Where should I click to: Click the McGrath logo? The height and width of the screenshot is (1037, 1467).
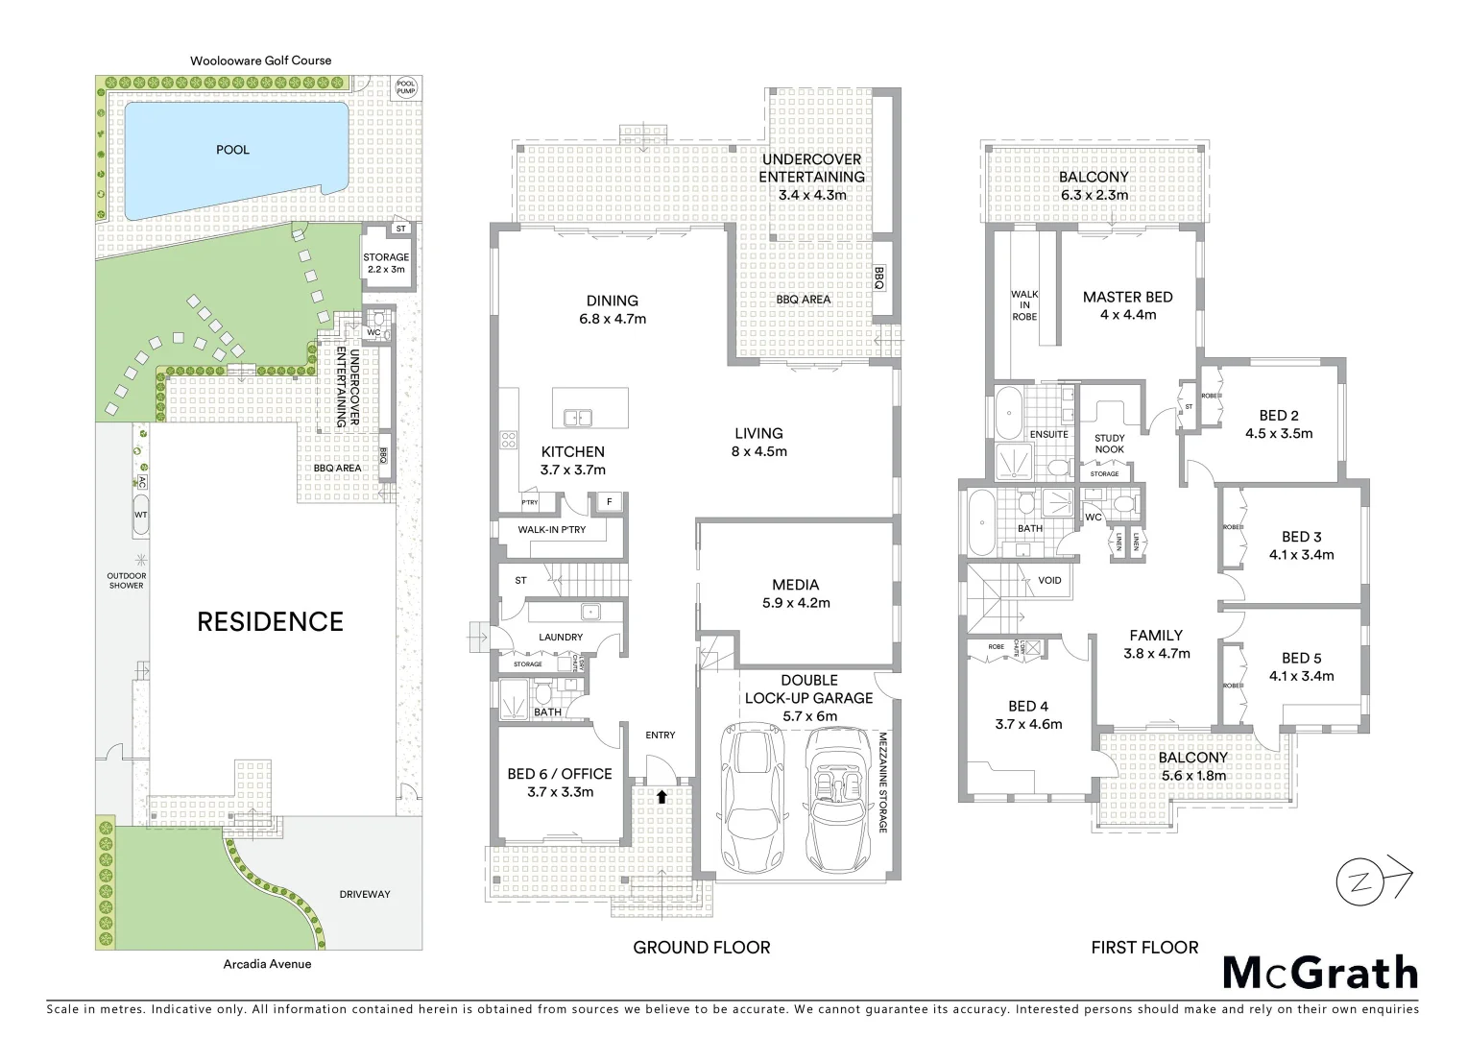(x=1320, y=973)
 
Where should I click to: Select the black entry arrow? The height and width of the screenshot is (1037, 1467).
(x=661, y=796)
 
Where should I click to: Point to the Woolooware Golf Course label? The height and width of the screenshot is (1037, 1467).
(x=260, y=60)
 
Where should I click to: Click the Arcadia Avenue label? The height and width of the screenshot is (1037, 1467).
(x=267, y=964)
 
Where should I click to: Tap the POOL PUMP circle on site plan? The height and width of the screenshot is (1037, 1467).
(x=406, y=87)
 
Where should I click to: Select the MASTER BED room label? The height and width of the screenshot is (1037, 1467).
(x=1127, y=298)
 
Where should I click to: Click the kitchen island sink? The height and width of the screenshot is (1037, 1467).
(x=577, y=418)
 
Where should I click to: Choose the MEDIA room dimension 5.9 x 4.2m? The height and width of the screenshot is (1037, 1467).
(x=795, y=603)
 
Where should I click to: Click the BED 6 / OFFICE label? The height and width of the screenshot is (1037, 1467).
(x=560, y=774)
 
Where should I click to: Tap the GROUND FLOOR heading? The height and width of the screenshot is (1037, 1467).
(x=701, y=948)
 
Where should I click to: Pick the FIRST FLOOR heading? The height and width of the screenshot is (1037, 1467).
(x=1144, y=948)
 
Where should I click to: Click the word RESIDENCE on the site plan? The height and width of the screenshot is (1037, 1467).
(x=270, y=622)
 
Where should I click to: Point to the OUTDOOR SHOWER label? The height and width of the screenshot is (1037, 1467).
(x=126, y=580)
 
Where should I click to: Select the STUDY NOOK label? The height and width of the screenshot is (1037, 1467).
(x=1109, y=444)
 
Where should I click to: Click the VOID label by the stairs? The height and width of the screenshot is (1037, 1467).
(x=1049, y=580)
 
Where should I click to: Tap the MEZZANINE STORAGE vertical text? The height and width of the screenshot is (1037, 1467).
(x=883, y=783)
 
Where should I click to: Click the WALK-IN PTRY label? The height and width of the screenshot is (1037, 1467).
(x=551, y=529)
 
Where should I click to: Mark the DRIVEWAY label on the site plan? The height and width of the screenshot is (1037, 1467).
(x=365, y=894)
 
